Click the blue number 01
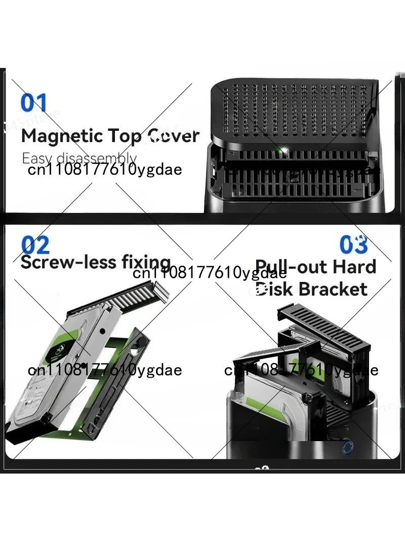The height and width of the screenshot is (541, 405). pyautogui.click(x=33, y=102)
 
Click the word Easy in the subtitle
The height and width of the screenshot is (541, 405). pyautogui.click(x=37, y=158)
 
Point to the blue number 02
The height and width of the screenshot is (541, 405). pyautogui.click(x=35, y=245)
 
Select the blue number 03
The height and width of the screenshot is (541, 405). pyautogui.click(x=353, y=244)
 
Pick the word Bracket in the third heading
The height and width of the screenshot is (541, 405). pyautogui.click(x=333, y=289)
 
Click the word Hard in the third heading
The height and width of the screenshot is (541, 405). pyautogui.click(x=357, y=267)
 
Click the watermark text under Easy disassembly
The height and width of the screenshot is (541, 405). pyautogui.click(x=104, y=169)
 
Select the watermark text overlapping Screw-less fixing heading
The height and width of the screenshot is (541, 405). pyautogui.click(x=210, y=274)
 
